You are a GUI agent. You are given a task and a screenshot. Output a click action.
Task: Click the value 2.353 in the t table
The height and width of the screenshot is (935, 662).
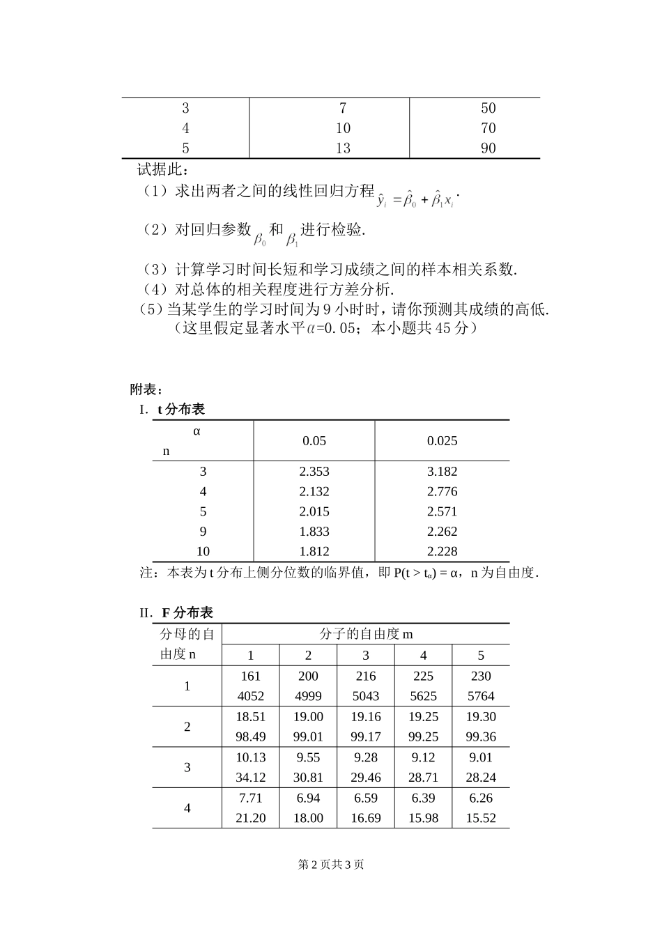pyautogui.click(x=314, y=472)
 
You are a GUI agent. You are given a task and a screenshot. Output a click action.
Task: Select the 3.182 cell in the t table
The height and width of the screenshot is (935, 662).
pyautogui.click(x=442, y=472)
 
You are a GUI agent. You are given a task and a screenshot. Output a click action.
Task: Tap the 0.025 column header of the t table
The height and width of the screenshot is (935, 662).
pyautogui.click(x=442, y=440)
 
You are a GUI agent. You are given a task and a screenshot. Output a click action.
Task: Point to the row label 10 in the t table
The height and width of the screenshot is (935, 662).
pyautogui.click(x=203, y=551)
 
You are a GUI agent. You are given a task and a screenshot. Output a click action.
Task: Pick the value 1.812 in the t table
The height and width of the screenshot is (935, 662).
pyautogui.click(x=314, y=551)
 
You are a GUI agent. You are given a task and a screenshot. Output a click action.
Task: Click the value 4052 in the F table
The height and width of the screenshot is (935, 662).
pyautogui.click(x=250, y=696)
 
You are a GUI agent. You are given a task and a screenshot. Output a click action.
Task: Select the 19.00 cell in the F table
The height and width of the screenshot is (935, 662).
pyautogui.click(x=308, y=716)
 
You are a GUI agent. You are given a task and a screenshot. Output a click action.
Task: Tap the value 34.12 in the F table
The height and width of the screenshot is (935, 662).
pyautogui.click(x=250, y=778)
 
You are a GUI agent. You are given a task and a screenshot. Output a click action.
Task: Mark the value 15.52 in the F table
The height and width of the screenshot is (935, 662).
pyautogui.click(x=481, y=818)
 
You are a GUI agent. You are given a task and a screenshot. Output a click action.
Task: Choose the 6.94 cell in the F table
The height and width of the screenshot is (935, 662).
pyautogui.click(x=308, y=798)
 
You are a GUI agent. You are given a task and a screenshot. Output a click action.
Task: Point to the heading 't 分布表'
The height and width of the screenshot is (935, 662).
pyautogui.click(x=180, y=410)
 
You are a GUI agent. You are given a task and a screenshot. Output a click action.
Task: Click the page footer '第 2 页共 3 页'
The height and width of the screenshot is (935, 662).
pyautogui.click(x=331, y=865)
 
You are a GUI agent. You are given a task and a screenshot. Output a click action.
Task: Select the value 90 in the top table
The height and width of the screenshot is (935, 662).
pyautogui.click(x=488, y=148)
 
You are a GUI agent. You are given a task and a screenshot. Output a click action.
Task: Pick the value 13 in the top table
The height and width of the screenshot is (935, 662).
pyautogui.click(x=343, y=148)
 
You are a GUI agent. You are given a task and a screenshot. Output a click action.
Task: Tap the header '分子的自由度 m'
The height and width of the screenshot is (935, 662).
pyautogui.click(x=366, y=634)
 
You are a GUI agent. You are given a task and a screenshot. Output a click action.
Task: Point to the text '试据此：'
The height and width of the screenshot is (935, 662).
pyautogui.click(x=162, y=169)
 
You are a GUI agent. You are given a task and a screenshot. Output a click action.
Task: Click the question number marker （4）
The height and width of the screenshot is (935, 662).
pyautogui.click(x=155, y=289)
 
